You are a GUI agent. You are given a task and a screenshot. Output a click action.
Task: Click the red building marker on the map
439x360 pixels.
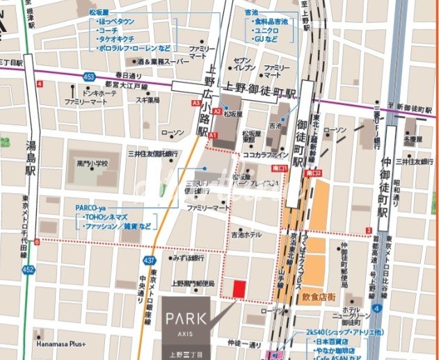point(239,288)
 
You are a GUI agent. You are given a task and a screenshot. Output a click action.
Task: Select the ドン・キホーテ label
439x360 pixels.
point(82,92)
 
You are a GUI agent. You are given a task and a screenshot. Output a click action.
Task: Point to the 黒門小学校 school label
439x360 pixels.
point(93,164)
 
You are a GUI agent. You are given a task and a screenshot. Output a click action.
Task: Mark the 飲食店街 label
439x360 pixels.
point(319,297)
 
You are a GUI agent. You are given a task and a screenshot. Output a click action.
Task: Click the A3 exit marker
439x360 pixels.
point(197,103)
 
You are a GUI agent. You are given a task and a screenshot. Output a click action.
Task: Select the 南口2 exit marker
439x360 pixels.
point(317,168)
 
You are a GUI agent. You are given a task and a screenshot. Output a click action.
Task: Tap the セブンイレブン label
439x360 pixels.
point(246,65)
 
